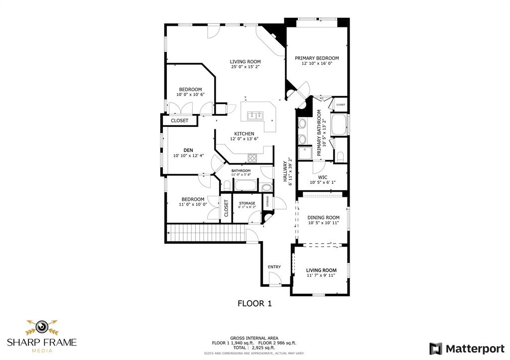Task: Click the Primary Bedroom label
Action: pyautogui.click(x=316, y=58)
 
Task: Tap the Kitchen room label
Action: pyautogui.click(x=245, y=133)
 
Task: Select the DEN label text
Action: pyautogui.click(x=188, y=150)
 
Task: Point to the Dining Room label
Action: pyautogui.click(x=323, y=217)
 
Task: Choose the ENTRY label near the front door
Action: pyautogui.click(x=274, y=267)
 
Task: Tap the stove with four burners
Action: pyautogui.click(x=253, y=158)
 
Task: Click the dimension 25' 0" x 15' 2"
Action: pyautogui.click(x=245, y=67)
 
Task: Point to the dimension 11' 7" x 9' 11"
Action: pyautogui.click(x=321, y=275)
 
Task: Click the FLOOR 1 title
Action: pyautogui.click(x=255, y=303)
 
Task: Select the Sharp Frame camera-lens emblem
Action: pyautogui.click(x=42, y=327)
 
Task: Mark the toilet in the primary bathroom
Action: pyautogui.click(x=341, y=156)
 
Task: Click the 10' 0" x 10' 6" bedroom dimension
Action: pyautogui.click(x=190, y=95)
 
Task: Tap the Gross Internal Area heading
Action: pyautogui.click(x=255, y=338)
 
